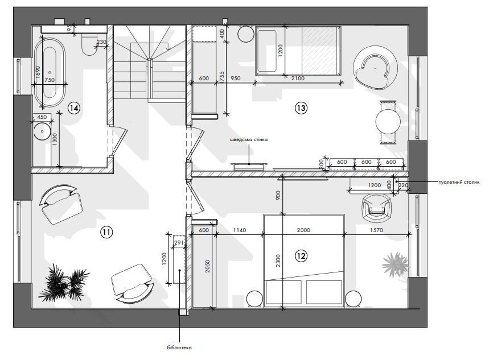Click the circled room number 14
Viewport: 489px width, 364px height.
(74, 108)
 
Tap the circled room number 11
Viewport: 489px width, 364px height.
(106, 232)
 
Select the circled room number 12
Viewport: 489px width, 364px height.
(301, 256)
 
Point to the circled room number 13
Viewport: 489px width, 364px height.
(301, 108)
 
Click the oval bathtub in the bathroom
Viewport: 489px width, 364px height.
(50, 73)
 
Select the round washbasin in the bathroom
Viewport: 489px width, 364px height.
(42, 131)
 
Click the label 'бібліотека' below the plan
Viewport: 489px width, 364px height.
(179, 348)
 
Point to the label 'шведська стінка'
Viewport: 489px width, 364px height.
(249, 139)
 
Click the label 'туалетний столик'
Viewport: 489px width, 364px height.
(459, 183)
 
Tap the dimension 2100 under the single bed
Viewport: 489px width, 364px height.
(298, 78)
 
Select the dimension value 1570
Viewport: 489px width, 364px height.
(376, 230)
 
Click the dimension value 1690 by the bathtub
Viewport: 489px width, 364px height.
(38, 72)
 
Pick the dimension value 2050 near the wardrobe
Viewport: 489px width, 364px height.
(208, 266)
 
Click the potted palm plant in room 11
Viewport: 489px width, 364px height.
(64, 283)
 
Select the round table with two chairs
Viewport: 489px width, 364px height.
(388, 122)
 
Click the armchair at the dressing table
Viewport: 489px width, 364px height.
(376, 208)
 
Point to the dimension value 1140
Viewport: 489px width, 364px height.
(240, 230)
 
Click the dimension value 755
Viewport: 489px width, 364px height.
(222, 76)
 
